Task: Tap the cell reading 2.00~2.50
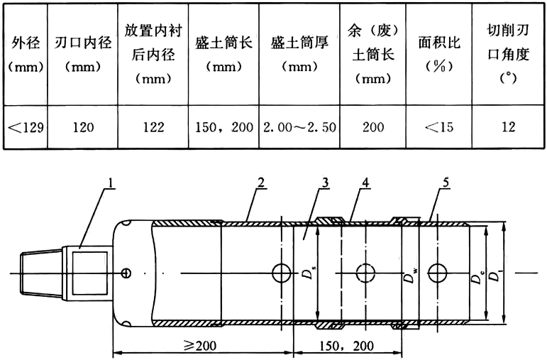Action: pyautogui.click(x=299, y=128)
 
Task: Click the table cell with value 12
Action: pyautogui.click(x=508, y=128)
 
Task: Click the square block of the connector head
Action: pyautogui.click(x=85, y=272)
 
